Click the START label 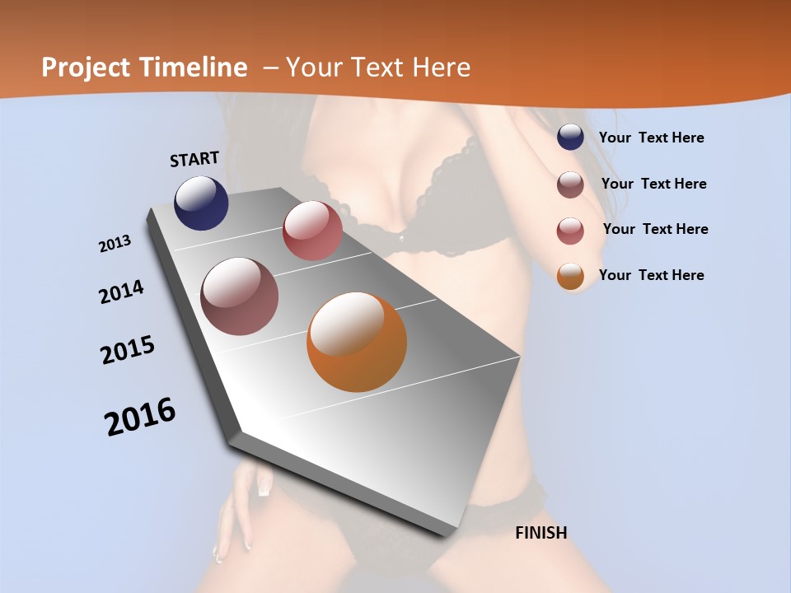(x=194, y=159)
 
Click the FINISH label (x=541, y=533)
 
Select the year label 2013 (x=115, y=244)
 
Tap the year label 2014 (x=122, y=292)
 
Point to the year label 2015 (x=128, y=350)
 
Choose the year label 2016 (x=140, y=417)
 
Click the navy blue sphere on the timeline (x=201, y=203)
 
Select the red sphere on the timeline (x=312, y=231)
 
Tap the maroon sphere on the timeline (x=240, y=296)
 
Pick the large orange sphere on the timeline (x=357, y=342)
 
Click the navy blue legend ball (x=570, y=138)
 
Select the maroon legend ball (x=570, y=184)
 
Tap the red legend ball (x=570, y=231)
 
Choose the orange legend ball (x=570, y=276)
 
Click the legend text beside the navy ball (x=651, y=138)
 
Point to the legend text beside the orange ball (x=651, y=275)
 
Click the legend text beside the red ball (x=655, y=229)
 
